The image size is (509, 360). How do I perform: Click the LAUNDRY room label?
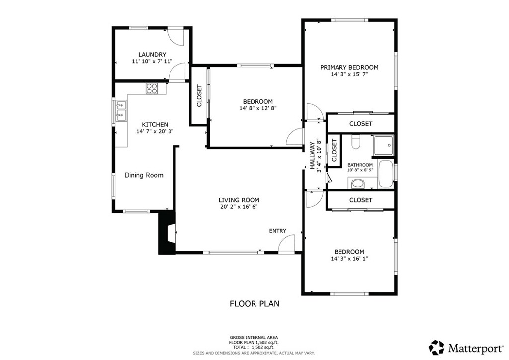coord(152,55)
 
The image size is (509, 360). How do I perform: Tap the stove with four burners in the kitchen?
coord(152,89)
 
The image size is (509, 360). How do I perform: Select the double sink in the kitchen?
coord(121,111)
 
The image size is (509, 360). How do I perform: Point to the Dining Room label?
coord(144,175)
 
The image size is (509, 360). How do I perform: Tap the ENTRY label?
coord(277,231)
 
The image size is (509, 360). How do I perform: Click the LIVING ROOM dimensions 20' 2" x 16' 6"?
coord(239,207)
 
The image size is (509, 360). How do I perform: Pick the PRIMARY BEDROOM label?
coord(349,67)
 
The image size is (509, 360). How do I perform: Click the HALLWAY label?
coord(313,156)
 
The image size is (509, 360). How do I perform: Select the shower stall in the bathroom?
coord(383,145)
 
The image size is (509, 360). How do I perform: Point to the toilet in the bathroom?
coord(356,142)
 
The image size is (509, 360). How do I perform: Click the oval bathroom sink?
coord(358,184)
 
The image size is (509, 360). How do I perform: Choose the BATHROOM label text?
coord(360,165)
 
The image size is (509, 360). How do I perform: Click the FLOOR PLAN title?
coord(254,304)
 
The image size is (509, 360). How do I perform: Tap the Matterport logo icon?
coord(436,348)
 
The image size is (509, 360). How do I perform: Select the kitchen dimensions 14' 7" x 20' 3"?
coord(155,131)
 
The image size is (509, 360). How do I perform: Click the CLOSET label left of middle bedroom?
coord(199,95)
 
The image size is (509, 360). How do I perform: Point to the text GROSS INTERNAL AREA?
coord(254,337)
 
